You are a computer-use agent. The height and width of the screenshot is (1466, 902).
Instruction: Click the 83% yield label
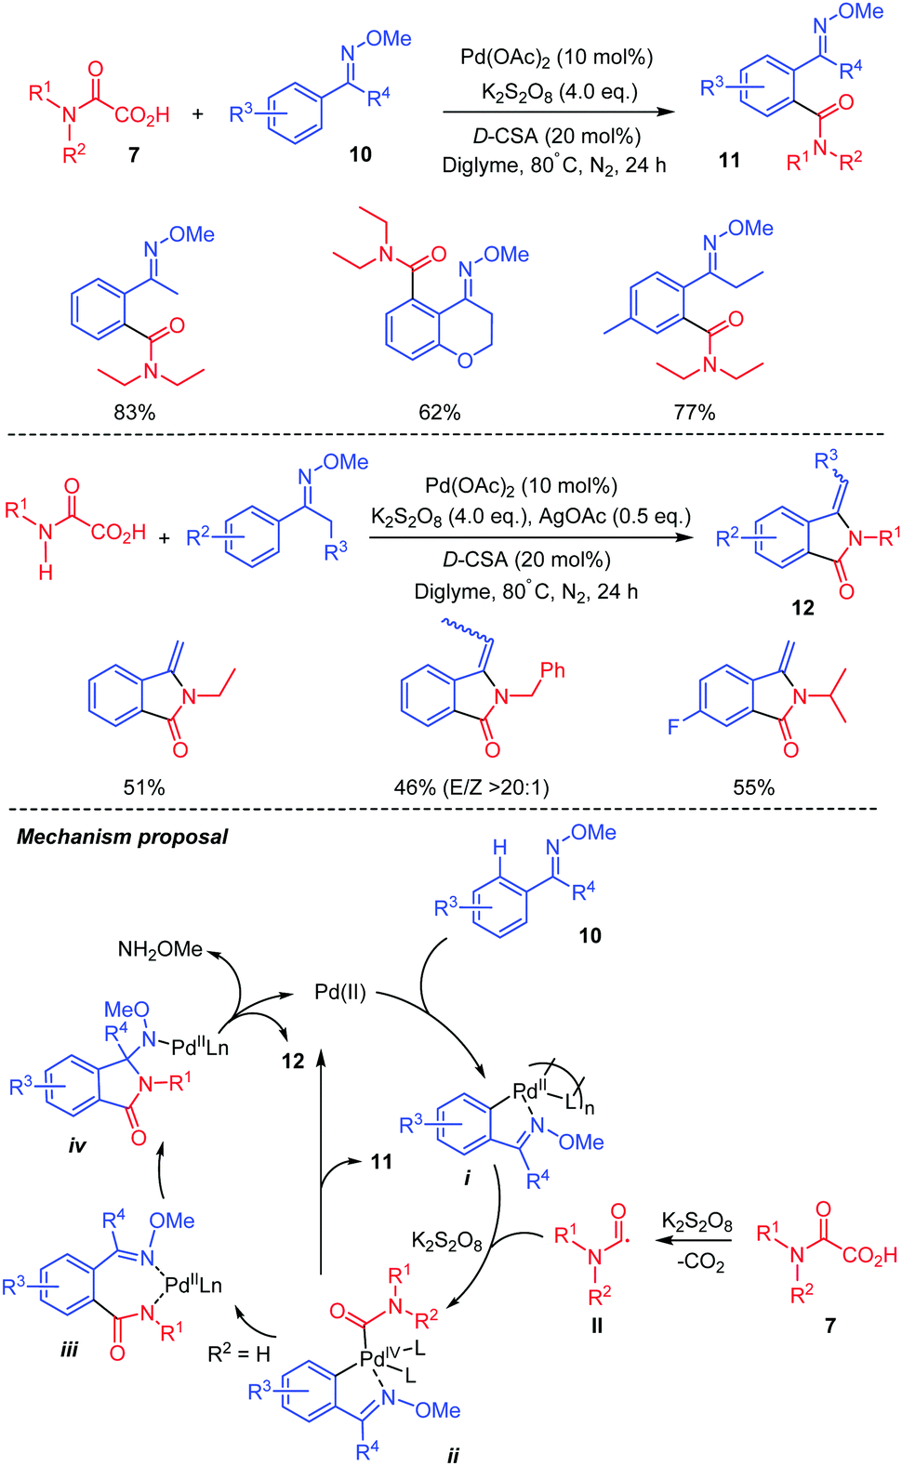coord(134,412)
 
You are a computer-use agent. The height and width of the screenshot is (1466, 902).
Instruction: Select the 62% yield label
coord(439,412)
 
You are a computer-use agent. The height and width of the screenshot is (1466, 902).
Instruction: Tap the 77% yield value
coord(694,412)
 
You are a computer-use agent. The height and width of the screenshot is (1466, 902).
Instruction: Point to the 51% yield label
coord(144,787)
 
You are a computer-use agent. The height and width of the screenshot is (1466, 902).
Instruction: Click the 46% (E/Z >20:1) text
coord(471,787)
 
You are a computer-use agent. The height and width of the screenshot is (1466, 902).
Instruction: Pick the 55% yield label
coord(753,787)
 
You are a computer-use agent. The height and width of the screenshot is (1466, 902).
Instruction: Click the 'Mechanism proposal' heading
coord(122,837)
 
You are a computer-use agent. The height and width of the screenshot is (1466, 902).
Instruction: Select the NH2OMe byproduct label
coord(160,949)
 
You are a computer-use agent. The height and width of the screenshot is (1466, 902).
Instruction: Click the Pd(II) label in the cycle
coord(340,992)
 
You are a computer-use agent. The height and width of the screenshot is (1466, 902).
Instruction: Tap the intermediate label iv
coord(77,1145)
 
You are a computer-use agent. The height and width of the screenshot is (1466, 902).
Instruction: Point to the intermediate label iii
coord(69,1349)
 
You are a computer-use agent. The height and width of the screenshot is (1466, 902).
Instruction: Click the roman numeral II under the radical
coord(596,1326)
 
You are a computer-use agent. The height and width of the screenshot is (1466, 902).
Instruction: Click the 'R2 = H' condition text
coord(239,1354)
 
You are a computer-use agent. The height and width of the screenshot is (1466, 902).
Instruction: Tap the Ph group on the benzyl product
coord(552,670)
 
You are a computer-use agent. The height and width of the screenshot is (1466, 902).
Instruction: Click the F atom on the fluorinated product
coord(673,726)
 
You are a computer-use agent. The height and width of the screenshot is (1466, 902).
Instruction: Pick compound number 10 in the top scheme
coord(361,154)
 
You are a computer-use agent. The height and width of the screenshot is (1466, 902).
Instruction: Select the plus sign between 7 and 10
coord(197,114)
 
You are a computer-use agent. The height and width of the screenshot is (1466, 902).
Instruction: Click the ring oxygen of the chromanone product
coord(464,360)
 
